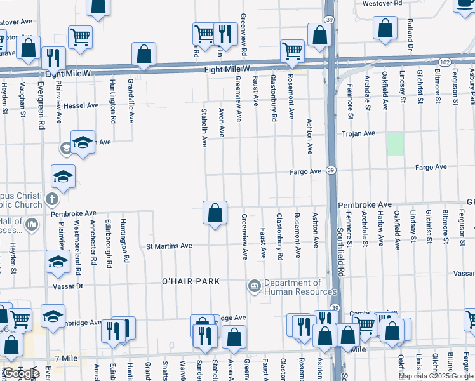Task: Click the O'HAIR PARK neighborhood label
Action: pos(191,281)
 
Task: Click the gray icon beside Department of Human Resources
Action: pos(255,287)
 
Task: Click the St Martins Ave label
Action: pos(169,246)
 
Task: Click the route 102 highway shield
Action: pos(445,62)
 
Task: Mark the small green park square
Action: pos(396,144)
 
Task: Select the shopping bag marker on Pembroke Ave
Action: pos(215,212)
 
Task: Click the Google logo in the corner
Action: pos(21,373)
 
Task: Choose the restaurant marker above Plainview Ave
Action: pos(53,58)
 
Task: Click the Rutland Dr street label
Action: pos(411,35)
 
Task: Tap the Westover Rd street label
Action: pos(383,3)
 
